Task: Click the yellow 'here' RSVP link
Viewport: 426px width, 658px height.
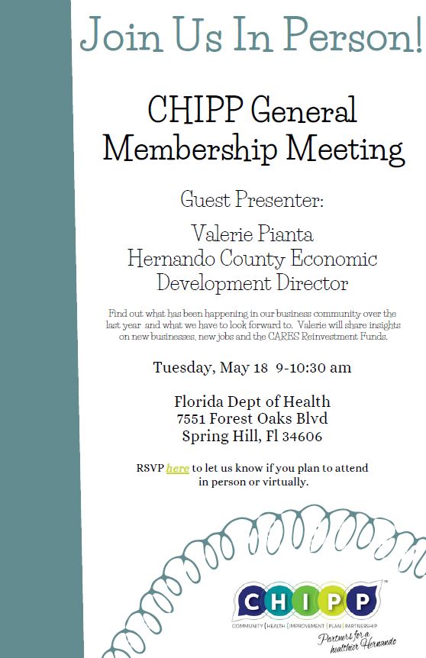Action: (177, 468)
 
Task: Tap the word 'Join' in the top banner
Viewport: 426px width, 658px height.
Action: (115, 34)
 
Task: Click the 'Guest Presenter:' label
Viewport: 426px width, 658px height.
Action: (252, 201)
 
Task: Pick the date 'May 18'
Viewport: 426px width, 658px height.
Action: (244, 367)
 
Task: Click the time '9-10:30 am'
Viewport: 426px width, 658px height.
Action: (313, 367)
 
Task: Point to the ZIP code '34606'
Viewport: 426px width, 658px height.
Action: (302, 437)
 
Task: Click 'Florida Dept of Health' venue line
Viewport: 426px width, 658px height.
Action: (252, 402)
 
